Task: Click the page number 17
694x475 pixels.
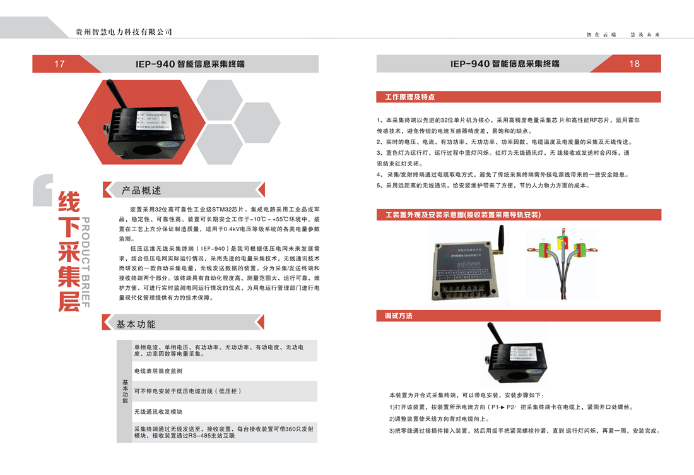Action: pos(59,64)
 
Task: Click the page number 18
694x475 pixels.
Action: pos(634,64)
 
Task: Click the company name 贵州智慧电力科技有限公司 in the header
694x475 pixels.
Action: pos(124,32)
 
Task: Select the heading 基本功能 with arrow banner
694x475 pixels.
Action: pos(136,324)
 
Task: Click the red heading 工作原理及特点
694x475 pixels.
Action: pos(409,97)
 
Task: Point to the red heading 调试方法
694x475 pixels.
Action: pos(399,315)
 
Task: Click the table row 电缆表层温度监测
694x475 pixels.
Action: pos(158,371)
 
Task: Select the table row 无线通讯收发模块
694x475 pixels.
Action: pos(158,411)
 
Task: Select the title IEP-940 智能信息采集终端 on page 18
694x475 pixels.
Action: pos(505,64)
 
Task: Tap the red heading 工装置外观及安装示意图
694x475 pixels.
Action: pos(462,215)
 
